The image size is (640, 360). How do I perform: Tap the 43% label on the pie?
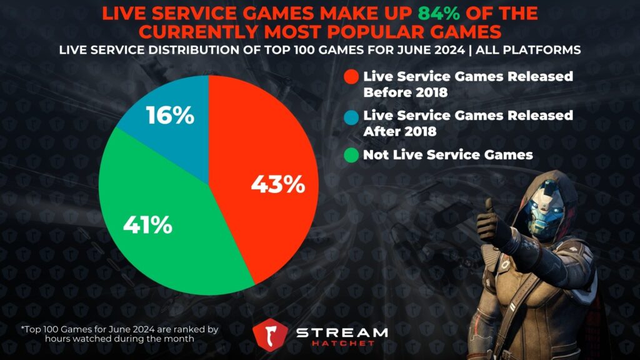[x=277, y=184]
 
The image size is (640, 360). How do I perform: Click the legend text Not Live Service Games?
[x=448, y=154]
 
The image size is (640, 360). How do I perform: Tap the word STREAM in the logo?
[x=341, y=332]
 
